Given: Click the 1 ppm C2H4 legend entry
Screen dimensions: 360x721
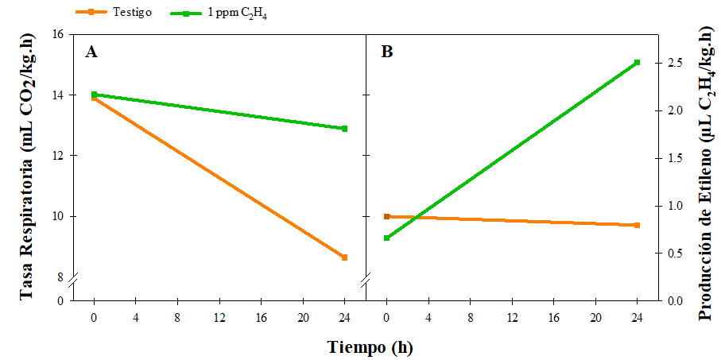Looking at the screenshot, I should pyautogui.click(x=231, y=13).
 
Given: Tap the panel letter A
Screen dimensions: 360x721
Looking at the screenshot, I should pyautogui.click(x=92, y=52).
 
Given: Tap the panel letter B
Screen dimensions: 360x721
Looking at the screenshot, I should pyautogui.click(x=387, y=52).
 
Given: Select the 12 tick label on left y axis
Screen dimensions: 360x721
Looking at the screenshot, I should pyautogui.click(x=58, y=156).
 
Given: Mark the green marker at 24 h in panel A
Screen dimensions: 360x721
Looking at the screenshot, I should pyautogui.click(x=344, y=129).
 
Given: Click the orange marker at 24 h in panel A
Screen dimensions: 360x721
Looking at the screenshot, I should pyautogui.click(x=344, y=257).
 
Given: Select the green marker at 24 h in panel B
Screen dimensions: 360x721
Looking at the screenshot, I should pyautogui.click(x=638, y=63).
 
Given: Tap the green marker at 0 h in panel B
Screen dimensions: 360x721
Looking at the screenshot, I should pyautogui.click(x=387, y=238).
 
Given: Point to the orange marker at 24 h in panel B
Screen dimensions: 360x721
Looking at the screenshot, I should pyautogui.click(x=638, y=226).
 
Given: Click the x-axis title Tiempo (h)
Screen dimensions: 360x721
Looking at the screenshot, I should pyautogui.click(x=370, y=347).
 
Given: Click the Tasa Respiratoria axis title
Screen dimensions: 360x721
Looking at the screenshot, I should pyautogui.click(x=29, y=170).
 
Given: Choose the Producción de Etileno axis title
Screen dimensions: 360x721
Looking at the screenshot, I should pyautogui.click(x=704, y=170).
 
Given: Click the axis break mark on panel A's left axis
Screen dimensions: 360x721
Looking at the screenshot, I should pyautogui.click(x=72, y=282).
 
